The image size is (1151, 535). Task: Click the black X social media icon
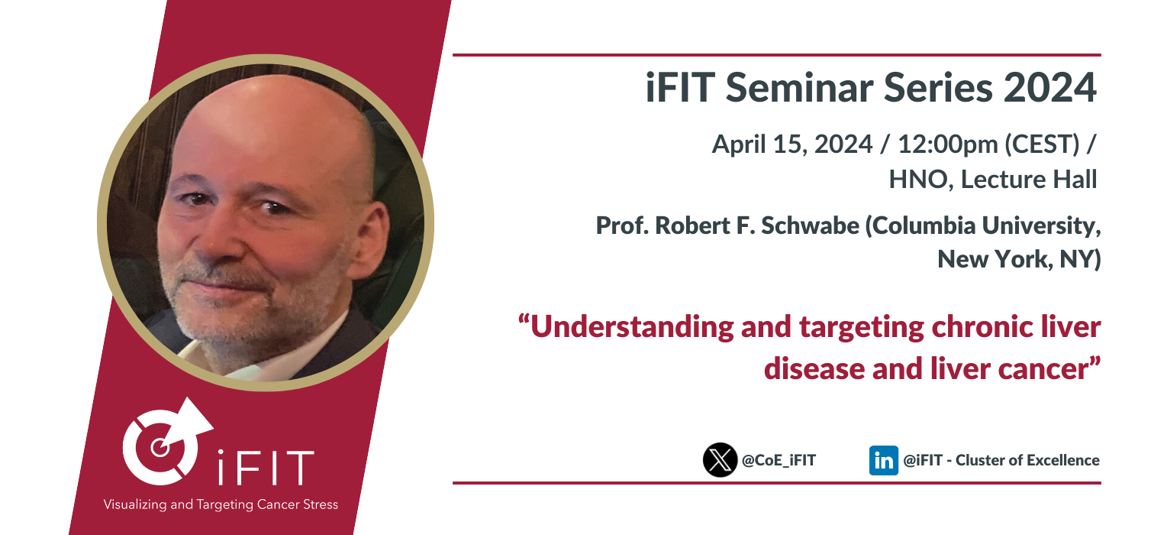(720, 460)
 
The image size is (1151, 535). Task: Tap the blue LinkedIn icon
(883, 460)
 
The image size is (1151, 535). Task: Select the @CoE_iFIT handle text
(779, 460)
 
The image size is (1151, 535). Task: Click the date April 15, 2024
(792, 144)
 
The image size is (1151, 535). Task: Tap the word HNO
(917, 180)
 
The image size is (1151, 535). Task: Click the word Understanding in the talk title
(632, 327)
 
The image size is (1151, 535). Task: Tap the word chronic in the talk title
(982, 326)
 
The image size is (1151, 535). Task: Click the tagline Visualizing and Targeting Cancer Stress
(221, 504)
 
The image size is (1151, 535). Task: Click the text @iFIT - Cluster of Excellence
(1001, 460)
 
